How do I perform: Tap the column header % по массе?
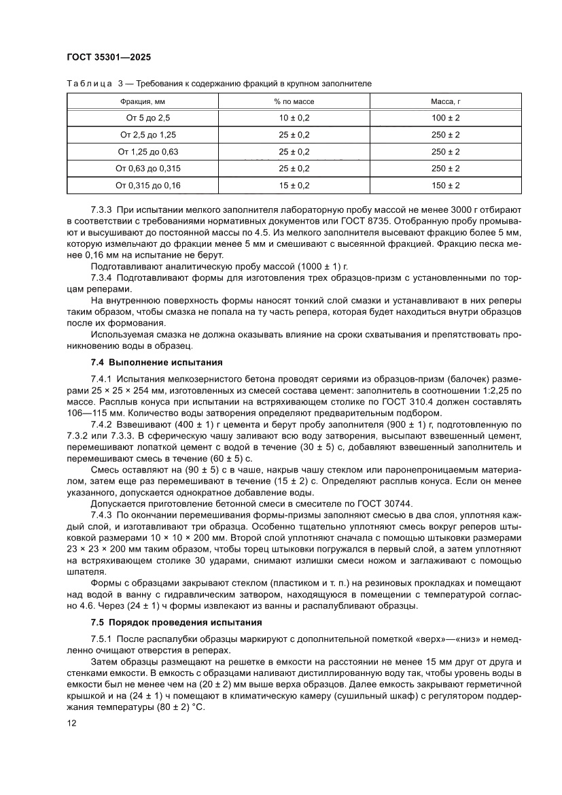point(294,101)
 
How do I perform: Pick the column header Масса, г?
point(446,101)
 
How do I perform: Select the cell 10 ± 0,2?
point(294,118)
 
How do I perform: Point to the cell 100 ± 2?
point(446,118)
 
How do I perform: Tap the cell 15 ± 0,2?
point(294,184)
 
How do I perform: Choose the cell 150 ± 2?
point(446,184)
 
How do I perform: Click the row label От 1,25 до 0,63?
point(148,151)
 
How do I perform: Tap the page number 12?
point(72,724)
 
